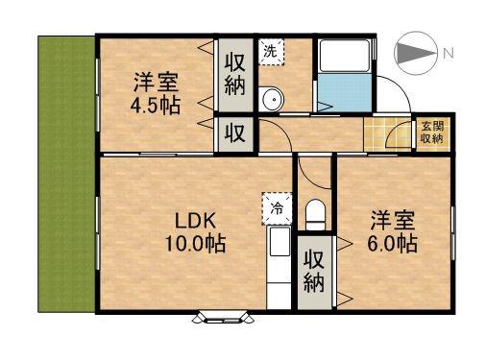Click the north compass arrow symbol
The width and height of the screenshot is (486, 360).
pos(416,51)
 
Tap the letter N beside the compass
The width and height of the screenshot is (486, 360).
pos(447,52)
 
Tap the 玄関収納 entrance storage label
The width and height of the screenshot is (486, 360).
pos(431,132)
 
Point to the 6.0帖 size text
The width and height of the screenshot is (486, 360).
pos(392,244)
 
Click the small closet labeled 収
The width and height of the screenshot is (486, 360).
pos(235,132)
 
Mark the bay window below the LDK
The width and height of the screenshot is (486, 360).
pos(224,315)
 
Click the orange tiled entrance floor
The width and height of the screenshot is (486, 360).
pos(387,133)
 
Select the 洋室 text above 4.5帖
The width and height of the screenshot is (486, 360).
pos(156,80)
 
